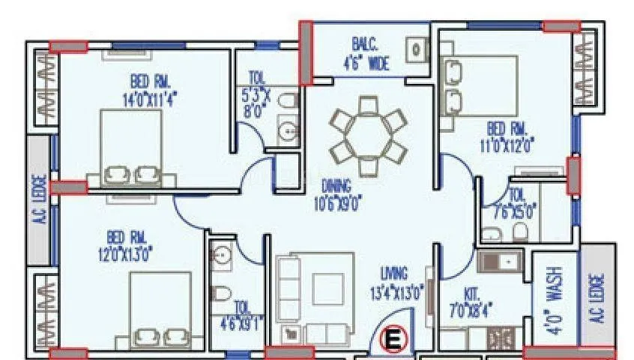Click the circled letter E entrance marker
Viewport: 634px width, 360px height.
point(392,340)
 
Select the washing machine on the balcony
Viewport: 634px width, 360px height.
point(416,51)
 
